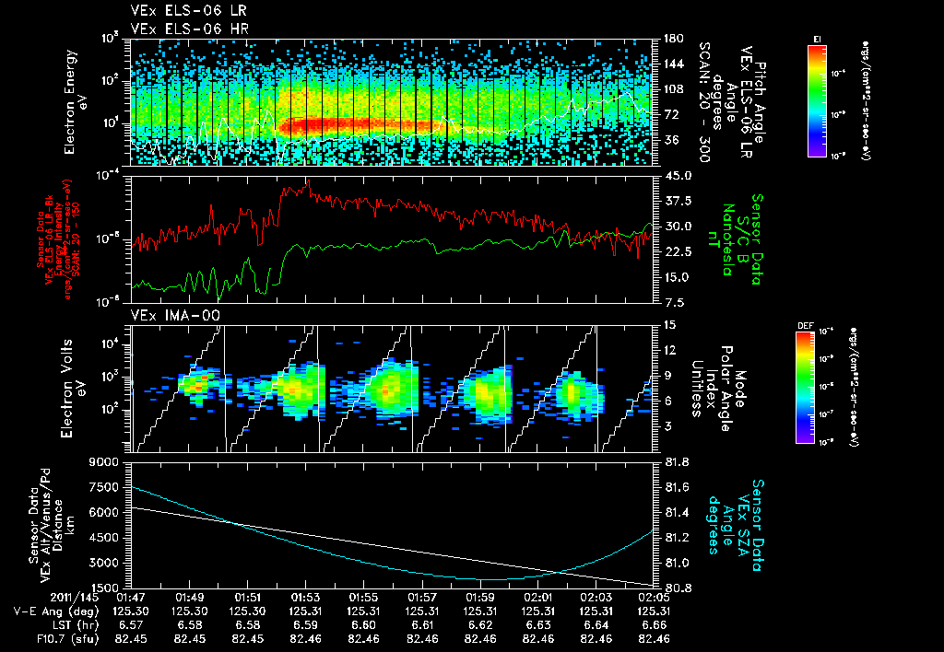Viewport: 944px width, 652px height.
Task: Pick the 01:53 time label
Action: [x=306, y=598]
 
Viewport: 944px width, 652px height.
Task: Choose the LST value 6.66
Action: [x=654, y=623]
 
